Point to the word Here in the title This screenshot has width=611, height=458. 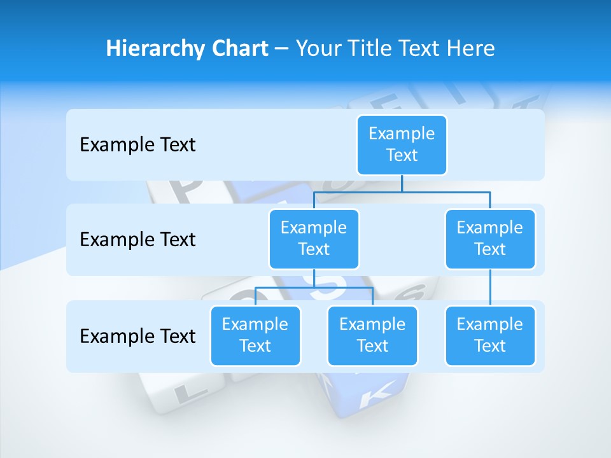pos(471,48)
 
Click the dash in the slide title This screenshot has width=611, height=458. pos(282,49)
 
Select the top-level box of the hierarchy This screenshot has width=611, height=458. pos(402,144)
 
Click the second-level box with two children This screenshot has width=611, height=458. pos(314,239)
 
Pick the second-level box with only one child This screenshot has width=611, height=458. pos(490,239)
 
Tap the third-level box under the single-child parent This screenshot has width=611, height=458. pos(490,335)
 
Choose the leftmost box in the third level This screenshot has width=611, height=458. pos(255,335)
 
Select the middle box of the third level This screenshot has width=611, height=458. pos(372,335)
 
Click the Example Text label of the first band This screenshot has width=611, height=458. pos(137,145)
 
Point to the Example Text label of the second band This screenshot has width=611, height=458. pos(137,240)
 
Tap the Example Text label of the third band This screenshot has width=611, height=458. pos(137,336)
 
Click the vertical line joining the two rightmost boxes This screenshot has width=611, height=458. pos(490,288)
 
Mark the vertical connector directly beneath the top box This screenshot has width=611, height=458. pos(402,183)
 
